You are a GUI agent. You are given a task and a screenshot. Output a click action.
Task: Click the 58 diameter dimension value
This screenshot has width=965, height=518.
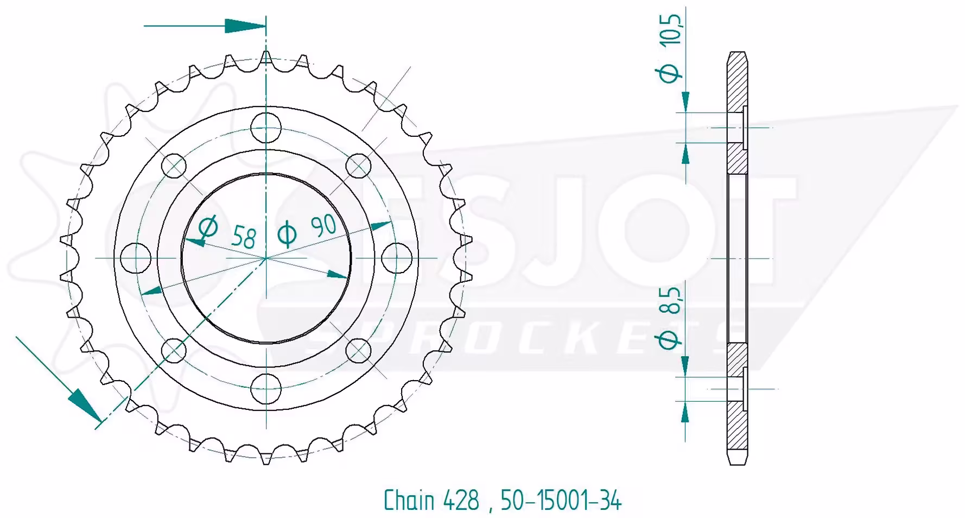pyautogui.click(x=243, y=237)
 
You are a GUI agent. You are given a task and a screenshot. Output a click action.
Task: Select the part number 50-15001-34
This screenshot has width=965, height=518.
pyautogui.click(x=561, y=500)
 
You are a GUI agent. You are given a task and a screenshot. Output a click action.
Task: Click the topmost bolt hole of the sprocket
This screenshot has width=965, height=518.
pyautogui.click(x=266, y=128)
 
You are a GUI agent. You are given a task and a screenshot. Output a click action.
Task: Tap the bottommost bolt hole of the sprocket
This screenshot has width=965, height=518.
pyautogui.click(x=266, y=388)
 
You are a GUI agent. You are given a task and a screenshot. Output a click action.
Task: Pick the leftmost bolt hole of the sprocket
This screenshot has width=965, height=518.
pyautogui.click(x=135, y=258)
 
